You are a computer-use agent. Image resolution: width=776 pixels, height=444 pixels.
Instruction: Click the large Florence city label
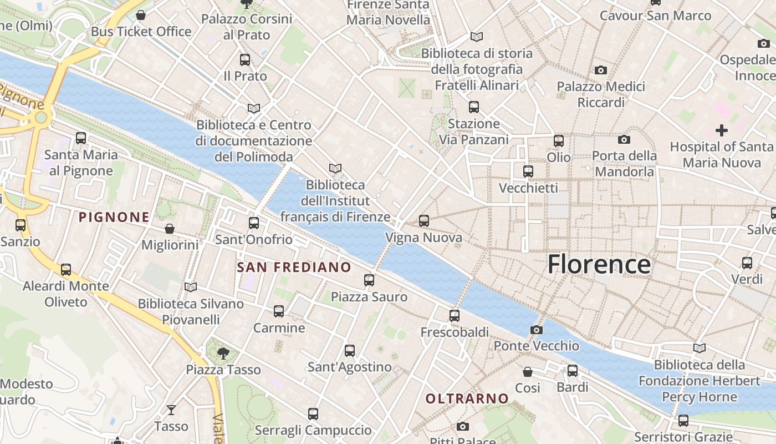point(599,264)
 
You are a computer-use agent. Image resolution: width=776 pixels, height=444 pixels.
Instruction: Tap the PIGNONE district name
point(114,217)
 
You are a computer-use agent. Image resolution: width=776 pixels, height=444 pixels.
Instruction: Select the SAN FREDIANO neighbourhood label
point(294,268)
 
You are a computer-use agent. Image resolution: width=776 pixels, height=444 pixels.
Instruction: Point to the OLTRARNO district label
point(467,398)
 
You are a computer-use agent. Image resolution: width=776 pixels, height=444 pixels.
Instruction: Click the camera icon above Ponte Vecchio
point(536,330)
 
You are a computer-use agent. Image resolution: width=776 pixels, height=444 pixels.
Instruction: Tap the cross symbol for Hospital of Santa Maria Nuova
point(721,130)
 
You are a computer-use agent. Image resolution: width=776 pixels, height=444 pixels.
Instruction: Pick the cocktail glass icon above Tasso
point(171,410)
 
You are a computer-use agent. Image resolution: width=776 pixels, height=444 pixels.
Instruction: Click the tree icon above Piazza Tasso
point(223,352)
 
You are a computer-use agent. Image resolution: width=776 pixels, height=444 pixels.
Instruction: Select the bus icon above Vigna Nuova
point(424,221)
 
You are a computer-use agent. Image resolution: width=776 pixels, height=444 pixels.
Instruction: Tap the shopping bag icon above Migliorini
point(170,229)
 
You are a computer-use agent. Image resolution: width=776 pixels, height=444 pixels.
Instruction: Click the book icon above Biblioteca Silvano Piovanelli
point(191,287)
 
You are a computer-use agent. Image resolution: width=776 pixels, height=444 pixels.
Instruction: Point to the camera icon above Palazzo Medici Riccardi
point(600,70)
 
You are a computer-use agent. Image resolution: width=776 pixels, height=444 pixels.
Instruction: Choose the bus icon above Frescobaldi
point(455,316)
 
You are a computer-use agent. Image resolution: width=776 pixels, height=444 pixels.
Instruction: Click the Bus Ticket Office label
point(141,32)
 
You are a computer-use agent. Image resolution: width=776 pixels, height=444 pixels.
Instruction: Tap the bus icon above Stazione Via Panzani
point(473,107)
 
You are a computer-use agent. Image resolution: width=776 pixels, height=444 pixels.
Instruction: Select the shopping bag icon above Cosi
point(527,371)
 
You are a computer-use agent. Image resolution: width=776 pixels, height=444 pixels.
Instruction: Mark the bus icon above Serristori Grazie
point(683,420)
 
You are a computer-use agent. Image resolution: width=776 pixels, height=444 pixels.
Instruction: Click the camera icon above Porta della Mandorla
point(624,139)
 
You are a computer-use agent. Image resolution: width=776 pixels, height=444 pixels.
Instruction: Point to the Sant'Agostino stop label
point(349,367)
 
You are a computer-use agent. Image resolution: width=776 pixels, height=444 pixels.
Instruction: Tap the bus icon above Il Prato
point(245,60)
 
